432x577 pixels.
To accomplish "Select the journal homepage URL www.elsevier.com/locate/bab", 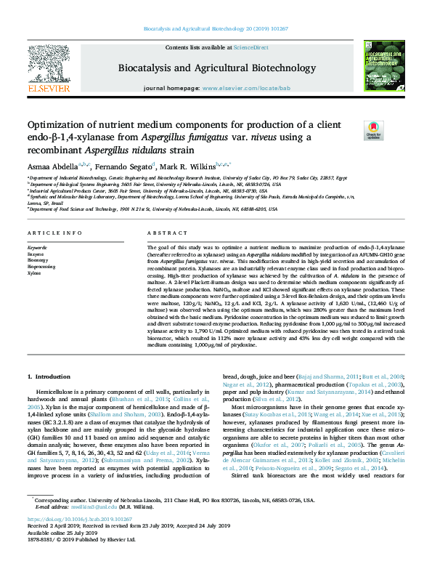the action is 237,87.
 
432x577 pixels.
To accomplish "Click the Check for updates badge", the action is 373,130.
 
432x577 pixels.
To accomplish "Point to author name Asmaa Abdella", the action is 49,166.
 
